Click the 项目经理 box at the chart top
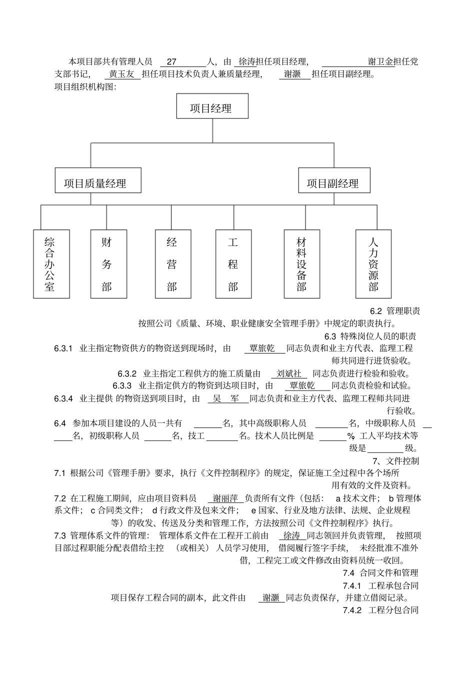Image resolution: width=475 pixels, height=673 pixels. click(x=212, y=106)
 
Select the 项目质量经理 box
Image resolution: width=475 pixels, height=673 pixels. click(x=98, y=180)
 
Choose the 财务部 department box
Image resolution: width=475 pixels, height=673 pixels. click(x=106, y=264)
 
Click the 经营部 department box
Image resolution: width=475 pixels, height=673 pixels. click(x=171, y=264)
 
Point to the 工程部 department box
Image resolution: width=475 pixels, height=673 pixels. click(x=233, y=264)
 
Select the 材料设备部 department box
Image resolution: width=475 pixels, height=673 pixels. click(x=302, y=264)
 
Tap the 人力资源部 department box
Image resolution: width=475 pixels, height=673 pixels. click(x=373, y=264)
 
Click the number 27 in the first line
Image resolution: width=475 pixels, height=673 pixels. click(x=171, y=62)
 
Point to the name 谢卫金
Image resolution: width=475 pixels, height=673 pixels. click(x=380, y=62)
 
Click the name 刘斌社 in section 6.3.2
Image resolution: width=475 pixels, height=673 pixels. click(x=289, y=373)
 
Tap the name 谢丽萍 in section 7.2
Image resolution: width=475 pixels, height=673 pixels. click(x=225, y=498)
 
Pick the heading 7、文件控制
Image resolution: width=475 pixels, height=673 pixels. click(x=395, y=461)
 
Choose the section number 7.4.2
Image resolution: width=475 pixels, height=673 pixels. click(x=351, y=610)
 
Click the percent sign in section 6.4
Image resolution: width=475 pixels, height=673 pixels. click(x=350, y=436)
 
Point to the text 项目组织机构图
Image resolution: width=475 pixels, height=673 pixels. click(x=85, y=87)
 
